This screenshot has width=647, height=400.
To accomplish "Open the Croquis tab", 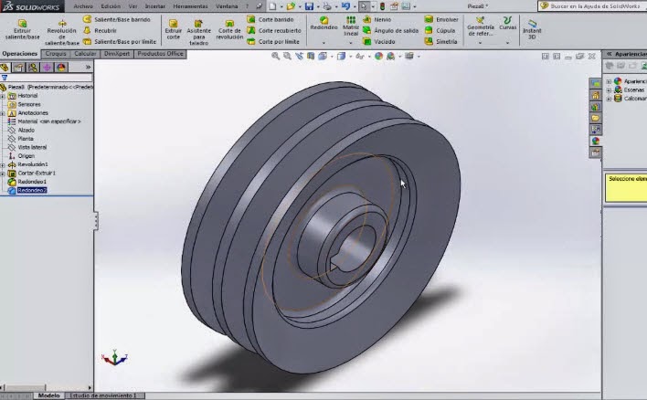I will pos(56,54).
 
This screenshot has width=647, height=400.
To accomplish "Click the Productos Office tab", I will pos(160,54).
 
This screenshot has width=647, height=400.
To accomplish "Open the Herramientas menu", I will pos(189,5).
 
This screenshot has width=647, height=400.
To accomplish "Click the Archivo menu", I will pos(83,5).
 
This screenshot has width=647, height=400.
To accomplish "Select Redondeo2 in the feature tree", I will pos(31,190).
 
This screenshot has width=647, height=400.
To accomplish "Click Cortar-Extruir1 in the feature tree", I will pos(36,173).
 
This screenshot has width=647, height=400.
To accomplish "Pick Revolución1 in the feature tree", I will pos(33,164).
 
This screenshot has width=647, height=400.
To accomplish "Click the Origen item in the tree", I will pos(26,155).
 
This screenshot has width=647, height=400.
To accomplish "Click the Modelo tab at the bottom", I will pos(48,395).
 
